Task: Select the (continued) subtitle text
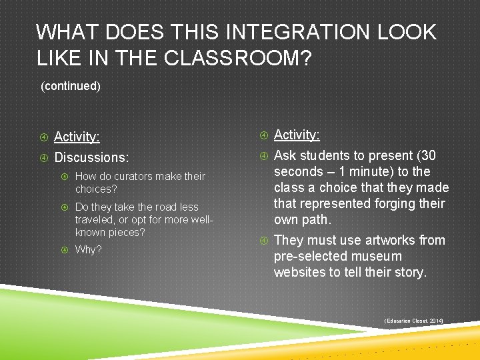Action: click(71, 86)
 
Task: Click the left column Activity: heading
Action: click(77, 137)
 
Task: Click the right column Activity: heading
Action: click(297, 135)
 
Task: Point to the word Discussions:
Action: click(91, 158)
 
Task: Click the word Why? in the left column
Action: click(89, 250)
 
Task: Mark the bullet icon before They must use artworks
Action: click(263, 240)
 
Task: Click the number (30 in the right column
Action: click(424, 156)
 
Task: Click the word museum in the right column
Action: click(378, 256)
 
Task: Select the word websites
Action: click(299, 272)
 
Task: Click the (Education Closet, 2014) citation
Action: click(414, 321)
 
